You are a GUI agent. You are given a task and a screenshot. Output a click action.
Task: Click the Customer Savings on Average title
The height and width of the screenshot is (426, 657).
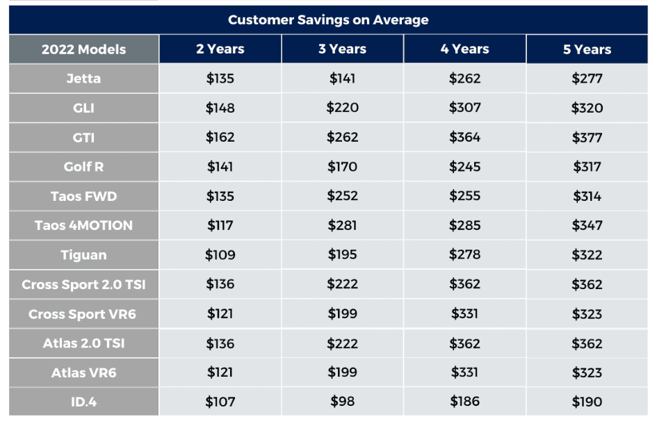pyautogui.click(x=328, y=19)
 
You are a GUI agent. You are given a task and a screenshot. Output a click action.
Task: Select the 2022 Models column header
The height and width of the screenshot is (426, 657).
pyautogui.click(x=84, y=49)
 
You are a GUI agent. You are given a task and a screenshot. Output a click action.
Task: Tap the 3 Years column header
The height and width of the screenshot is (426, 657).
pyautogui.click(x=342, y=49)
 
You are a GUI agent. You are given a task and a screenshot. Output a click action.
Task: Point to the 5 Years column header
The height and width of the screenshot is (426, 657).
pyautogui.click(x=587, y=49)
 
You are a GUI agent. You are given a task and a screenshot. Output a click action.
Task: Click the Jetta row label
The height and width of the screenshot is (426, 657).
pyautogui.click(x=84, y=79)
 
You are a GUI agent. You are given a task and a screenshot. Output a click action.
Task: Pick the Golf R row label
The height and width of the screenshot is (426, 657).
pyautogui.click(x=84, y=167)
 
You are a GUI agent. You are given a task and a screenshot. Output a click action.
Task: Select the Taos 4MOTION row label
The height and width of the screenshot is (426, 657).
pyautogui.click(x=84, y=225)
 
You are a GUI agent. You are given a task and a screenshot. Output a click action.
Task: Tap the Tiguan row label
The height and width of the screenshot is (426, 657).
pyautogui.click(x=84, y=254)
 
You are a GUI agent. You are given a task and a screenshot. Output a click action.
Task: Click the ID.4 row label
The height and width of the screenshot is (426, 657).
pyautogui.click(x=84, y=402)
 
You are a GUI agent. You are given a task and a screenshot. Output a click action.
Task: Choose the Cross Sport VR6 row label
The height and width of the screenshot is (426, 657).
pyautogui.click(x=83, y=314)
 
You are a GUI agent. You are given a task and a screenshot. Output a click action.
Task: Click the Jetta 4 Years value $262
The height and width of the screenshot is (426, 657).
pyautogui.click(x=464, y=79)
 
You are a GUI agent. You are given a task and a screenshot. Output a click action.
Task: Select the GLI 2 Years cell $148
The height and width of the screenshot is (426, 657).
pyautogui.click(x=220, y=108)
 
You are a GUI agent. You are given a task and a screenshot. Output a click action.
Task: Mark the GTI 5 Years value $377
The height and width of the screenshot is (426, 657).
pyautogui.click(x=587, y=138)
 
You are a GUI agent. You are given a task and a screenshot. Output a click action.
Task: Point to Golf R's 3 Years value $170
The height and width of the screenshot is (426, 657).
pyautogui.click(x=342, y=167)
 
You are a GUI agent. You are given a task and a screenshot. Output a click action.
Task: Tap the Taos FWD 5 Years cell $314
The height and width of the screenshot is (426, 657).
pyautogui.click(x=587, y=196)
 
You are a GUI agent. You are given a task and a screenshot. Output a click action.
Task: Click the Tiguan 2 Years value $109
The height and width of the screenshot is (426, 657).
pyautogui.click(x=220, y=254)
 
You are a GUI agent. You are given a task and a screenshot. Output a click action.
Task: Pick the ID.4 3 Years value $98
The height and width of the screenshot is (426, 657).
pyautogui.click(x=342, y=401)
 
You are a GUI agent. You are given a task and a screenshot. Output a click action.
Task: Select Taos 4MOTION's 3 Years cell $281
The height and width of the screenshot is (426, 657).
pyautogui.click(x=342, y=225)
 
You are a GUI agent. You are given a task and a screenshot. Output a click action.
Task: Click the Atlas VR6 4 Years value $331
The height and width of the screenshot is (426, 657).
pyautogui.click(x=464, y=372)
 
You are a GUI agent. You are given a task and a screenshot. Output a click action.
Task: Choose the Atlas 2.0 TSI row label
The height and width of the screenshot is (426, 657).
pyautogui.click(x=84, y=343)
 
